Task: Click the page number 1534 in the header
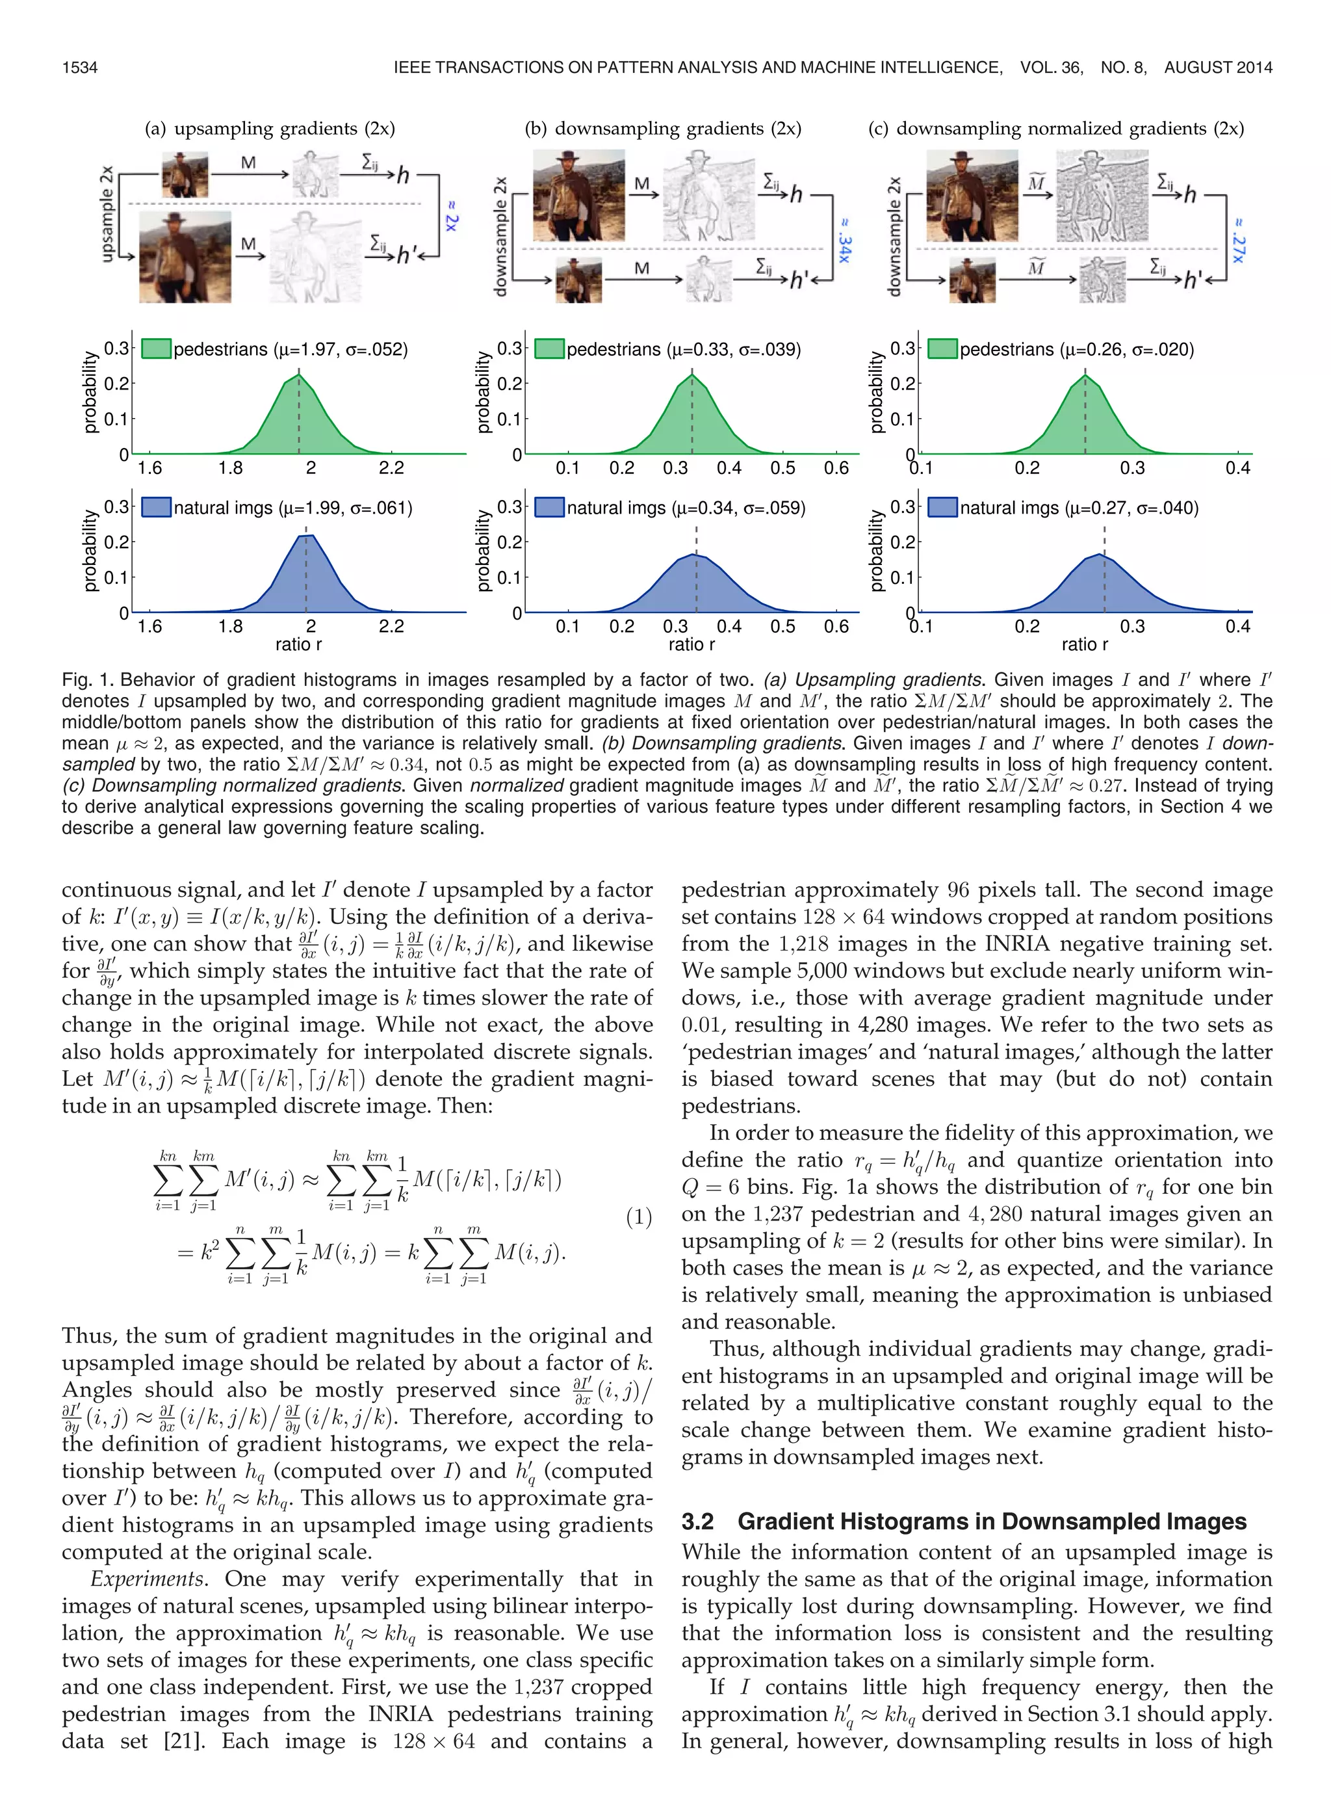pos(80,68)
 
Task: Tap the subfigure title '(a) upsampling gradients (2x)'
pos(269,128)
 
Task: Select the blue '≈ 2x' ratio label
pos(451,215)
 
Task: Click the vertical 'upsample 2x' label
pos(107,213)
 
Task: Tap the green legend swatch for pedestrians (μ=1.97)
pos(157,349)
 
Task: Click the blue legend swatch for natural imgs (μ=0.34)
pos(549,508)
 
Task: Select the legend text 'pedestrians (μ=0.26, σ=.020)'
pos(1076,349)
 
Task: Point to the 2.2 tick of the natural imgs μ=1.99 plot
pos(391,626)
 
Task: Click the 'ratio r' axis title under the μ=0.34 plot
pos(691,644)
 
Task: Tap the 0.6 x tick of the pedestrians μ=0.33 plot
pos(836,468)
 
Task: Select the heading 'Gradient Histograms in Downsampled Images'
pos(992,1521)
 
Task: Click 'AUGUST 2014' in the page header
pos(1217,68)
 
